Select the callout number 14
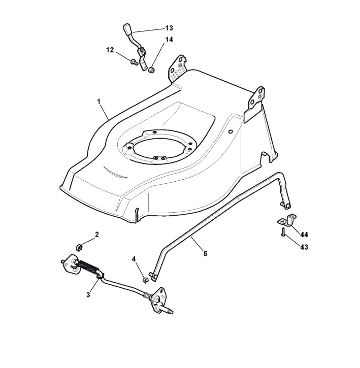coord(169,39)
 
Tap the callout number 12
coord(110,50)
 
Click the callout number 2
coord(96,234)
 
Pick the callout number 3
coord(88,294)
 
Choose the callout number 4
coord(134,259)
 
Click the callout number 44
coord(304,235)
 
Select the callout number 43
coord(304,247)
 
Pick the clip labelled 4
coord(145,279)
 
